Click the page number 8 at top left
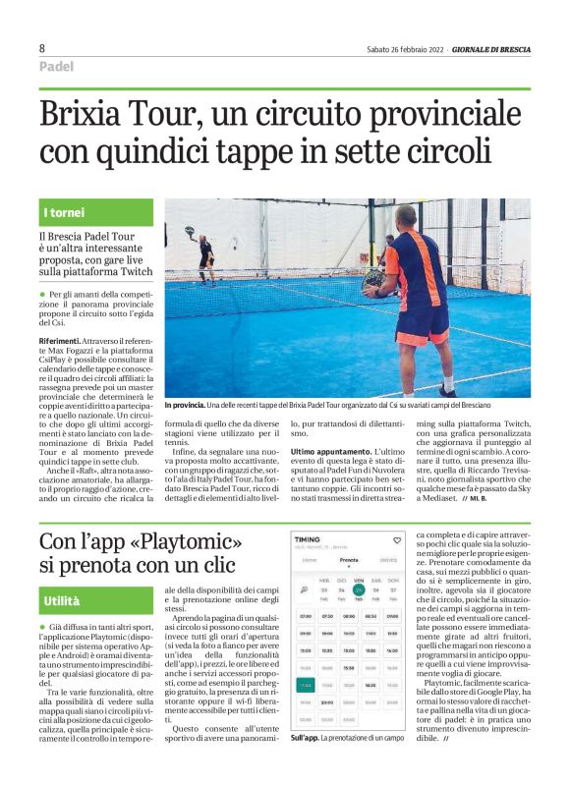[42, 47]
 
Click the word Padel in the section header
[57, 67]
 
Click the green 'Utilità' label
[62, 599]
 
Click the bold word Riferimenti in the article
[64, 338]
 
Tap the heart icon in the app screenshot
[396, 538]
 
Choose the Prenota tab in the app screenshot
[349, 561]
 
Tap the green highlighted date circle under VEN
[359, 590]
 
